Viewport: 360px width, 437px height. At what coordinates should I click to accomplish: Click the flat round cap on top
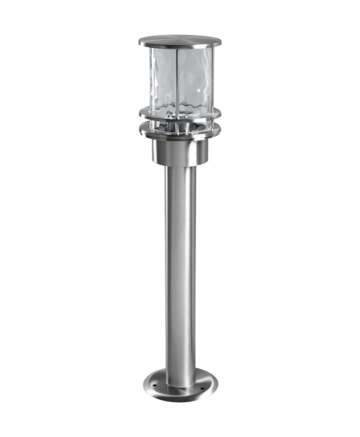click(179, 39)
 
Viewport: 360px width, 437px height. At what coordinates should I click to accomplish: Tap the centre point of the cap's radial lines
click(179, 38)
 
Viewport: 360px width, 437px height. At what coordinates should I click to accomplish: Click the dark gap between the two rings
click(179, 125)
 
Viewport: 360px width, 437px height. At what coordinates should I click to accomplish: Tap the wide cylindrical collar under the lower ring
click(179, 151)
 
